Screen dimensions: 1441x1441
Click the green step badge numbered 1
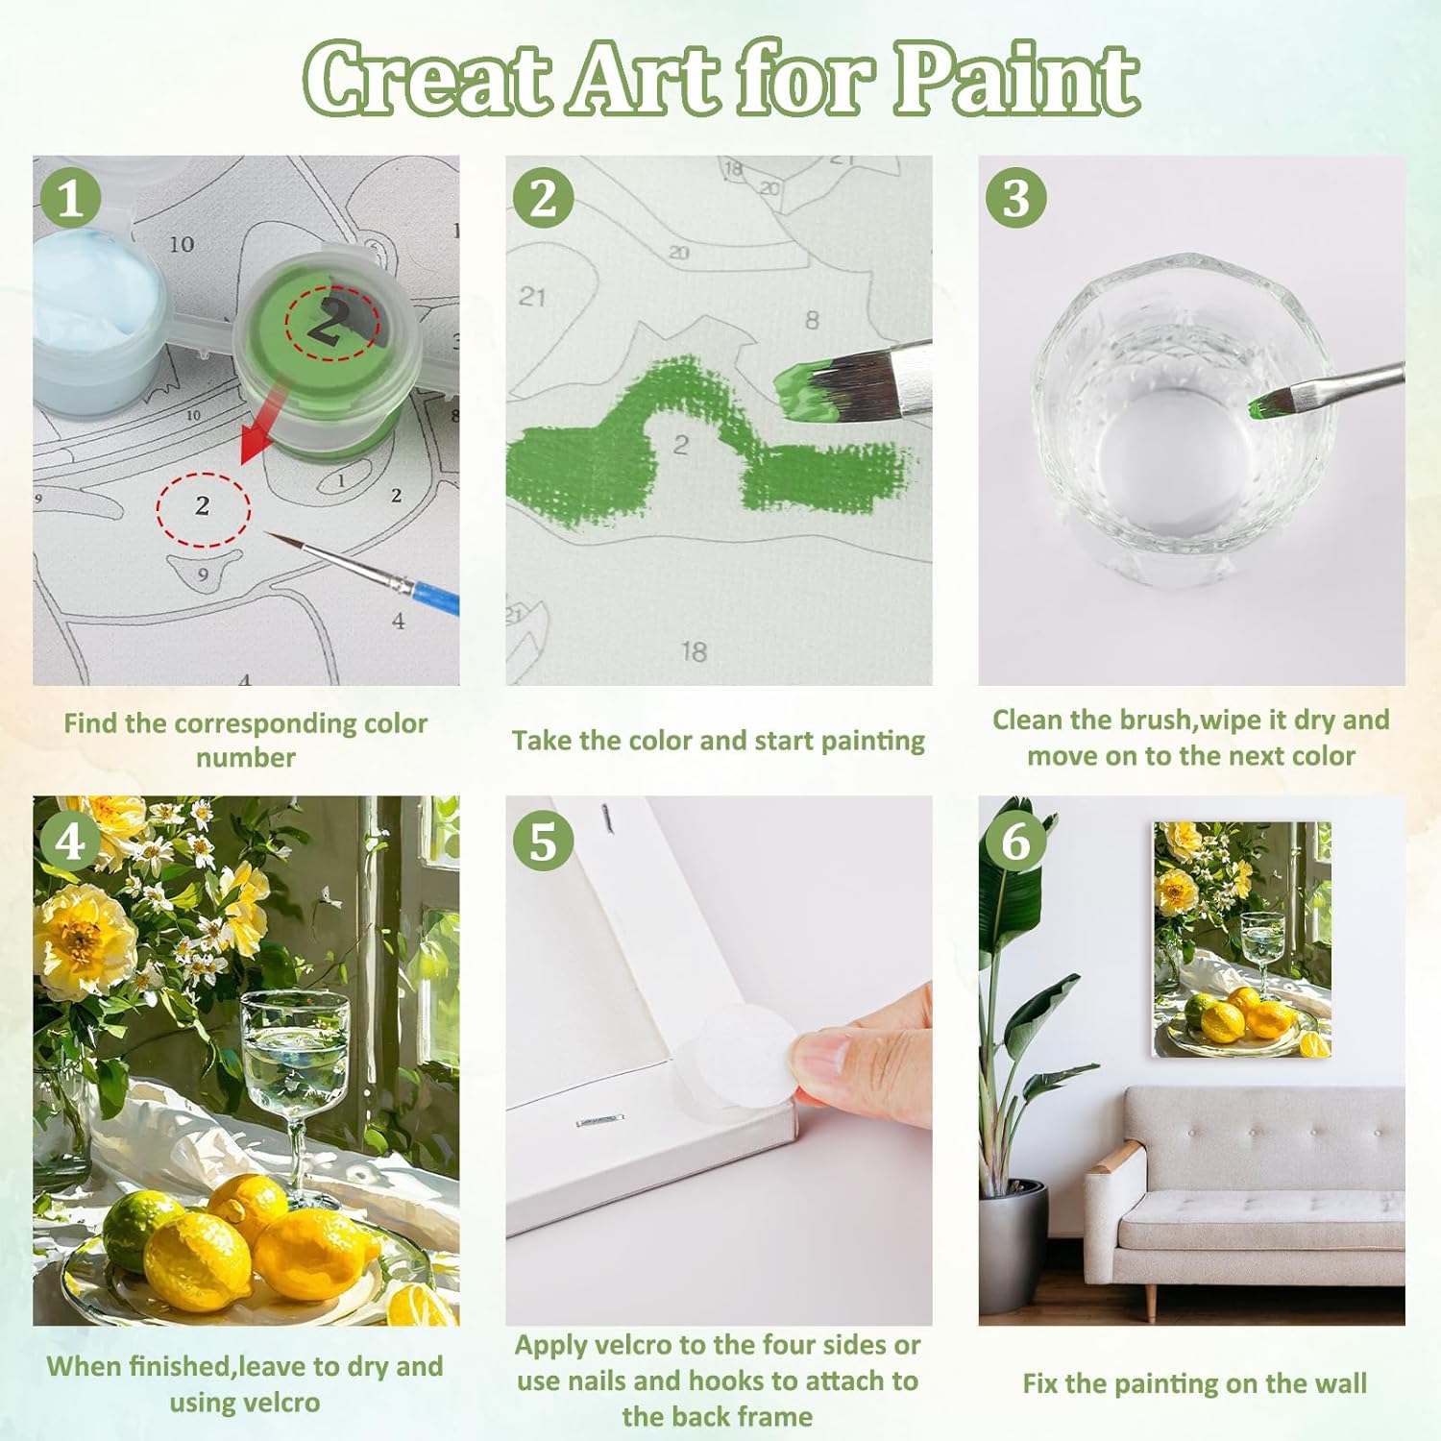pyautogui.click(x=70, y=198)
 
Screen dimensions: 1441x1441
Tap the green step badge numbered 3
pyautogui.click(x=1015, y=198)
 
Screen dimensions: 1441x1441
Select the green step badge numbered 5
pyautogui.click(x=543, y=841)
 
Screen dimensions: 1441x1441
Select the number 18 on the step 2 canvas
pyautogui.click(x=694, y=652)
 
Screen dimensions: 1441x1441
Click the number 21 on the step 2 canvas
pyautogui.click(x=532, y=296)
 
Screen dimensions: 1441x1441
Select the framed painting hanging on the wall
pyautogui.click(x=1241, y=940)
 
